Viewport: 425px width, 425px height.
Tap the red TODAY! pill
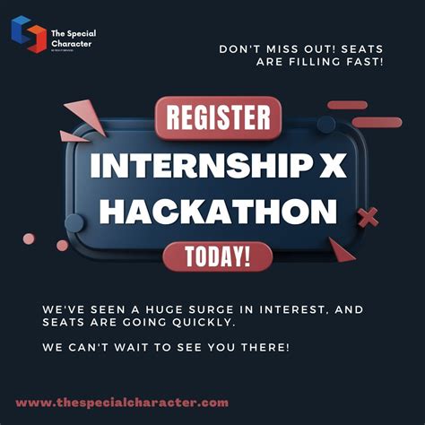coord(218,256)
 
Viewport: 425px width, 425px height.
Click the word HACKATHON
coord(218,212)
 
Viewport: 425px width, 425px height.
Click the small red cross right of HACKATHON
coord(368,216)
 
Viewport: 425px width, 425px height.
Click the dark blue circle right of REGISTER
coord(326,124)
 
